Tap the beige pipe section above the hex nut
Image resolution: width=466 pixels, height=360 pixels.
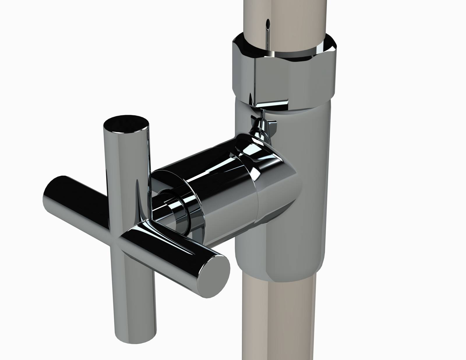pyautogui.click(x=284, y=17)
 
